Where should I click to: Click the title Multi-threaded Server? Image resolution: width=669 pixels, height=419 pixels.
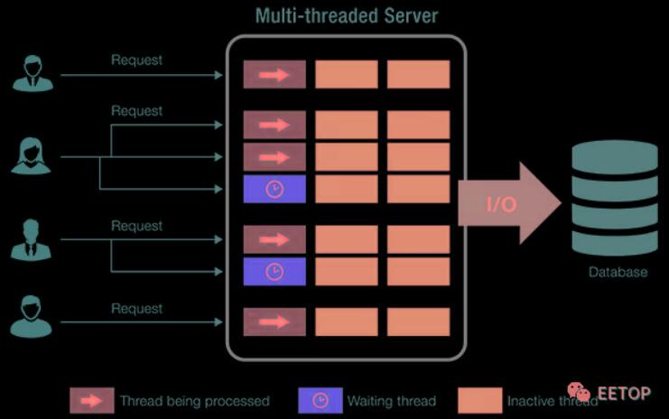(x=346, y=15)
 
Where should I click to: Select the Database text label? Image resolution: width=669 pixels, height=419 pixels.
(x=618, y=272)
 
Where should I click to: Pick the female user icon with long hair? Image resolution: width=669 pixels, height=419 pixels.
(x=31, y=155)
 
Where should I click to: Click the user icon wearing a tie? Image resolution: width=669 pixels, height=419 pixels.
(x=31, y=238)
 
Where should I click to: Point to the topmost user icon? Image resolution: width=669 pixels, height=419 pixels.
(x=33, y=73)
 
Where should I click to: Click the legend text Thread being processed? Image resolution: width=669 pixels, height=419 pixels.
(x=194, y=400)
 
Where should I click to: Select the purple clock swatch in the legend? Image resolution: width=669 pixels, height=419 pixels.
(x=321, y=400)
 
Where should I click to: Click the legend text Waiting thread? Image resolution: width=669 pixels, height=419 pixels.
(x=391, y=400)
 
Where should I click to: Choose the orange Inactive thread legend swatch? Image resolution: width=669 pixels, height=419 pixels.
(x=479, y=400)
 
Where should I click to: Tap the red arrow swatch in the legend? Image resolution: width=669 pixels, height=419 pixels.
(x=91, y=400)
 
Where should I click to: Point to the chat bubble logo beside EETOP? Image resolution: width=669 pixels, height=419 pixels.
(x=579, y=393)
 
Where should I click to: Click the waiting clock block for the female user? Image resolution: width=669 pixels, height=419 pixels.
(x=274, y=189)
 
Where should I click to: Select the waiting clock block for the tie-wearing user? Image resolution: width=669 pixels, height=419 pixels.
(x=274, y=271)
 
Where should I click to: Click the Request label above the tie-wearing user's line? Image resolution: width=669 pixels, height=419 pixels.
(x=137, y=226)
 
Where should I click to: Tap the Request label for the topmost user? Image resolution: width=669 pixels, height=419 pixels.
(x=137, y=61)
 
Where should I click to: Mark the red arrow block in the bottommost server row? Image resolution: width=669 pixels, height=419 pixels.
(x=274, y=321)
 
